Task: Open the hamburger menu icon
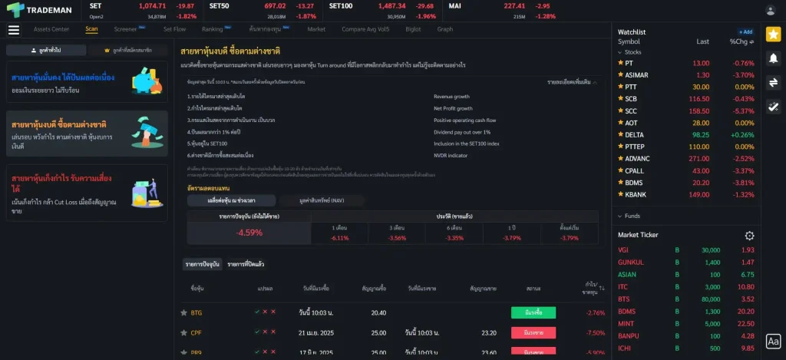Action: [x=13, y=30]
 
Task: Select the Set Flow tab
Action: [x=174, y=29]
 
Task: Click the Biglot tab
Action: [x=413, y=29]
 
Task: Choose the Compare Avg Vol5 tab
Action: [x=365, y=29]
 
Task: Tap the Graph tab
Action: [x=445, y=29]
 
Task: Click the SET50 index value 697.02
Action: [x=275, y=6]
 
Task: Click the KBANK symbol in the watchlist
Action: [x=635, y=194]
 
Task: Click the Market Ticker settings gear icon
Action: [x=749, y=236]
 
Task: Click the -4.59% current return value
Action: [x=249, y=233]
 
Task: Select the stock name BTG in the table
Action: [x=196, y=312]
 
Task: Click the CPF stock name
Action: [x=196, y=333]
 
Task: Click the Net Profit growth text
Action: [x=453, y=108]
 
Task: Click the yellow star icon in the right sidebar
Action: [x=773, y=35]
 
